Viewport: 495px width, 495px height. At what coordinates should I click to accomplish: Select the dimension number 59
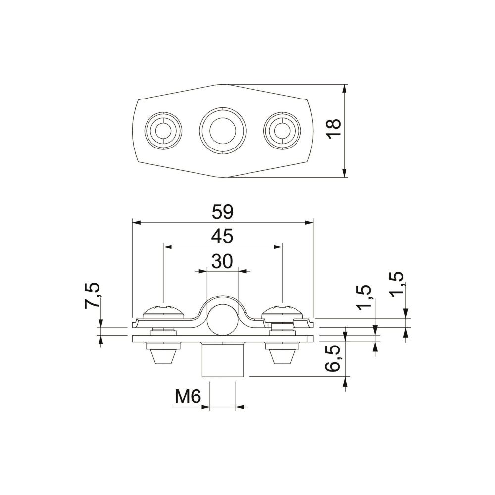tap(223, 212)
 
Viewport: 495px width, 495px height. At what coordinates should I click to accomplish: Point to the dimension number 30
tap(222, 262)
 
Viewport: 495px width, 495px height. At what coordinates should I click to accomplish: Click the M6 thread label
tap(188, 396)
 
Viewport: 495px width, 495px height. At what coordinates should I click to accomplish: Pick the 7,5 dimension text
tap(92, 295)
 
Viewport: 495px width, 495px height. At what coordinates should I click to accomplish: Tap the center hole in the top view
tap(223, 131)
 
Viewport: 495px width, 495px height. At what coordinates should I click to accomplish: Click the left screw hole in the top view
tap(163, 131)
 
